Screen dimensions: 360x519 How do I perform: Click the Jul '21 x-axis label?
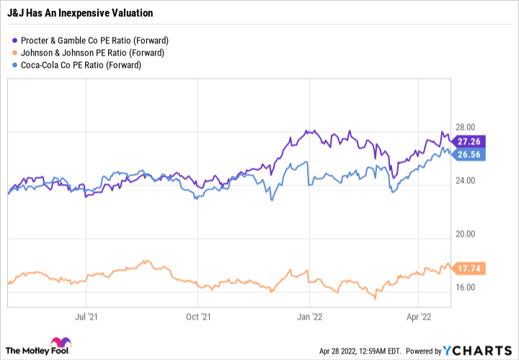[86, 315]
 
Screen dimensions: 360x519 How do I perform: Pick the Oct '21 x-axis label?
[198, 315]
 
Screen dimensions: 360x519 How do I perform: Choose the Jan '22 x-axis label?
[310, 315]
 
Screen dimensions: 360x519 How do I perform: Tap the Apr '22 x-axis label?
[420, 315]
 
